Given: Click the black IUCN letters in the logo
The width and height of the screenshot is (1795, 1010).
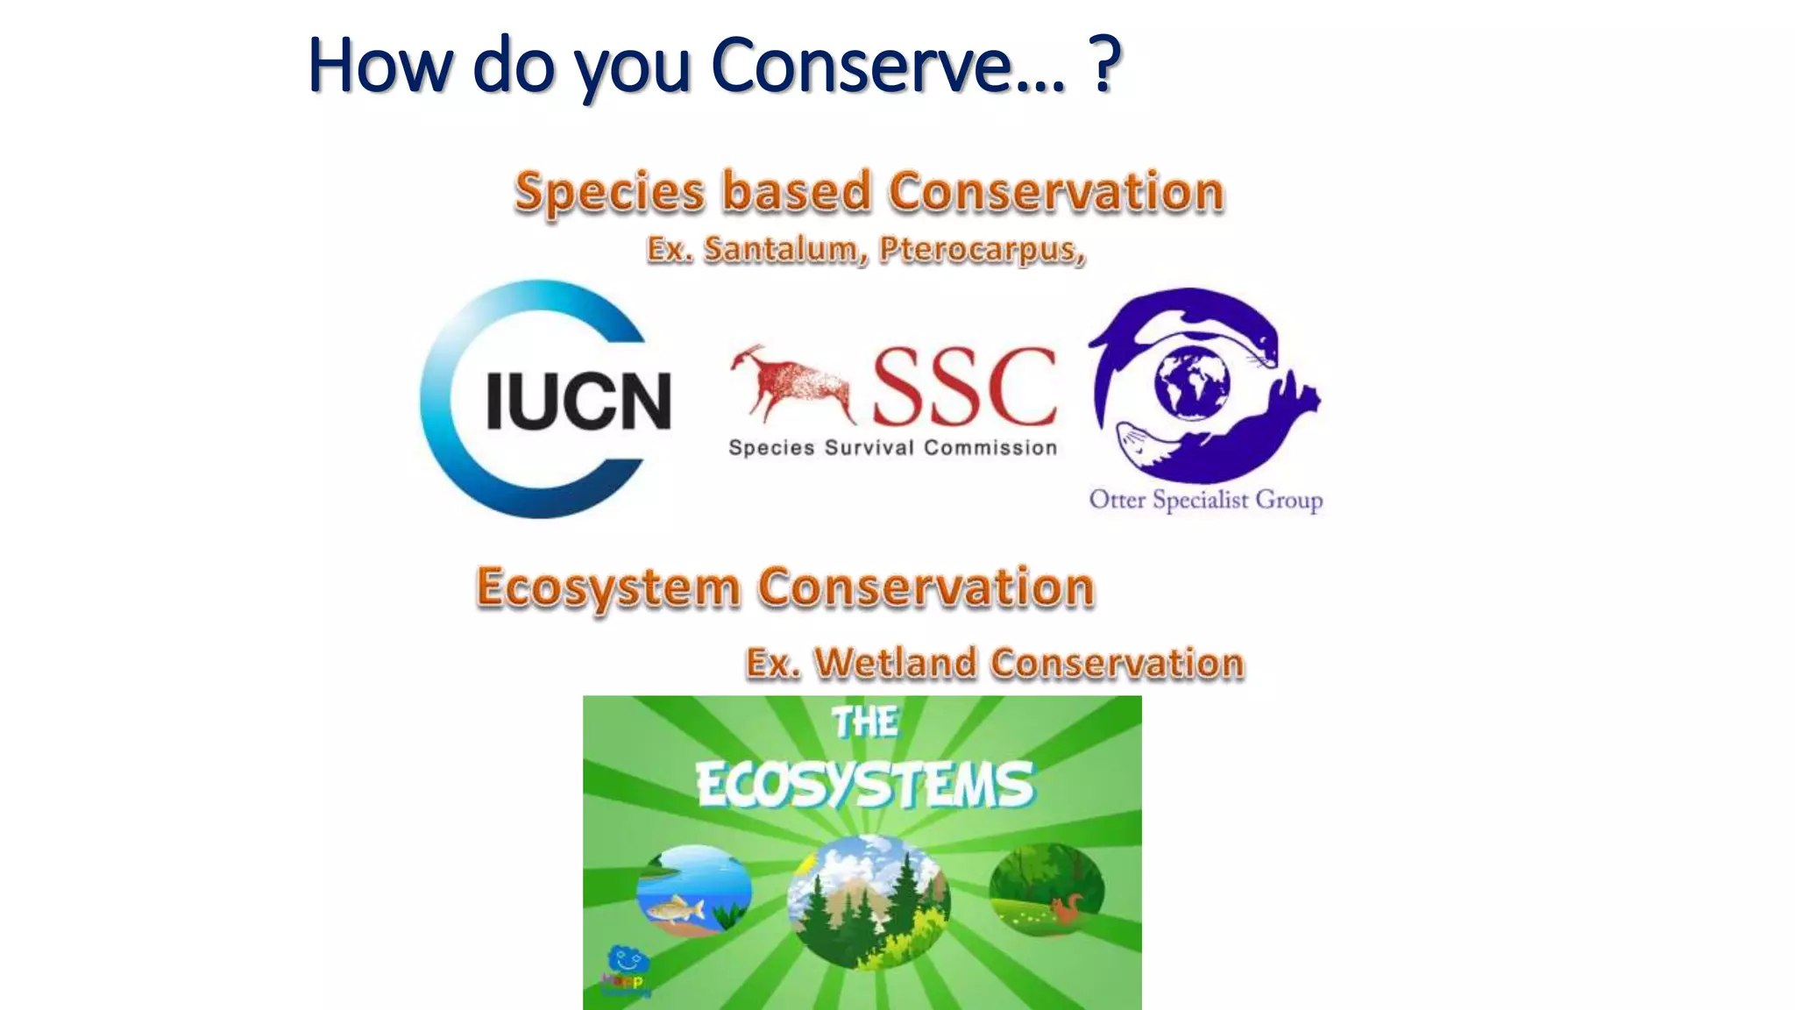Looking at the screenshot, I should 578,402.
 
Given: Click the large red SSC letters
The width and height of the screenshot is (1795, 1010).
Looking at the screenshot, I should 964,386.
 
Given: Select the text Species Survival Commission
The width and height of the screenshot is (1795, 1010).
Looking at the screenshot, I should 892,448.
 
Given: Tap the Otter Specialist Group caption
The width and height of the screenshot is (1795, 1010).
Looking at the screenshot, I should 1206,500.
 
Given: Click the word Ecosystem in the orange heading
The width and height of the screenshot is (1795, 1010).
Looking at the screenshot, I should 608,587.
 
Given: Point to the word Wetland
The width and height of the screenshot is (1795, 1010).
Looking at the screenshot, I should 895,663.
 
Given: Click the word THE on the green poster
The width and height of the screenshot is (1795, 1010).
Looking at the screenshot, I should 864,722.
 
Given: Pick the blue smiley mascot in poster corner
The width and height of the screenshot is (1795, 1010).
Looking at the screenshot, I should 628,961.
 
